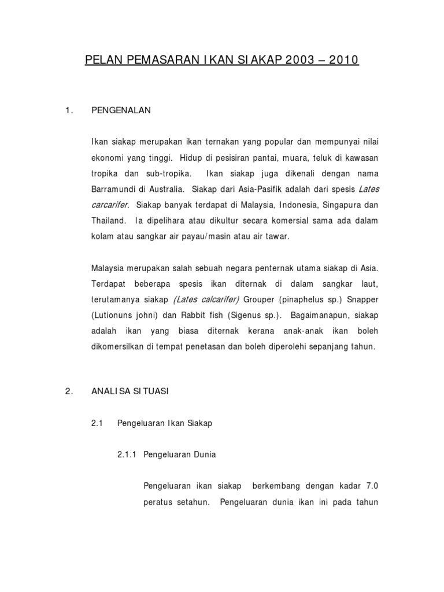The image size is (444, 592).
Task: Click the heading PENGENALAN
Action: [121, 110]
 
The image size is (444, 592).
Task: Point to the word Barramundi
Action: [116, 188]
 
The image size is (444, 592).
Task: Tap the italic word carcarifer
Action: [111, 205]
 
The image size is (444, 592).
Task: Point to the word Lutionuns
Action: [116, 315]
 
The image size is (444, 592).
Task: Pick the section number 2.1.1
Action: [127, 454]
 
